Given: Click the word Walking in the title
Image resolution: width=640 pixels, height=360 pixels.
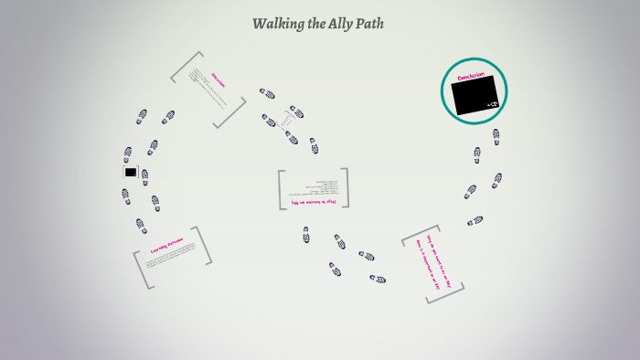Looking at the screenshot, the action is [277, 24].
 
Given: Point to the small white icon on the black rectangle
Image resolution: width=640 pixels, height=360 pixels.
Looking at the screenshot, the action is [493, 105].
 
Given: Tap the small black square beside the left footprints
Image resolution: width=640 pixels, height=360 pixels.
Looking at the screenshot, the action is [130, 172].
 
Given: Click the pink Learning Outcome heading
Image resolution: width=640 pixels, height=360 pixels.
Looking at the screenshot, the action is [167, 245].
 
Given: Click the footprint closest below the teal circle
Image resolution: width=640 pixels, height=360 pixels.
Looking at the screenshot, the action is [496, 135].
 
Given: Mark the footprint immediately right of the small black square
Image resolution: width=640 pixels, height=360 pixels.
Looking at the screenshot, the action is [144, 176].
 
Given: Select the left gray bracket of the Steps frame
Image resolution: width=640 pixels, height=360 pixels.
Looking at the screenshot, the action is [282, 190].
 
